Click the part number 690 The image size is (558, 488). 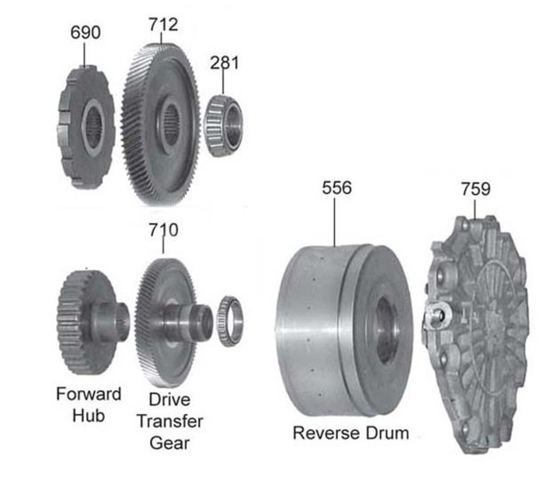[85, 32]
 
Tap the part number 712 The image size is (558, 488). [163, 24]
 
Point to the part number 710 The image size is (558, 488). [163, 229]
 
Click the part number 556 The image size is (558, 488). [337, 188]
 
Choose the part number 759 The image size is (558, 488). [476, 189]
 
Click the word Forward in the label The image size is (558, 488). [88, 394]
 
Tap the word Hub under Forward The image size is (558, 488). [88, 416]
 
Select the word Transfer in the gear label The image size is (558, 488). [170, 421]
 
